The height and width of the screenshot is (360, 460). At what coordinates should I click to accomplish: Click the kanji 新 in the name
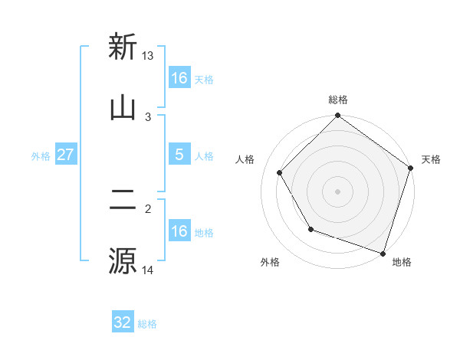click(123, 47)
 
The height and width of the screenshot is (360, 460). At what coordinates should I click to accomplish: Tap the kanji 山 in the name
click(123, 109)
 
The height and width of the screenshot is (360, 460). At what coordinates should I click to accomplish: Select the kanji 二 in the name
click(123, 200)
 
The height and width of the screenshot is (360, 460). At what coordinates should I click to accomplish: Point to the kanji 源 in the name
click(123, 260)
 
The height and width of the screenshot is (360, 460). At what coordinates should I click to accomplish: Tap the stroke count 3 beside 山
click(148, 116)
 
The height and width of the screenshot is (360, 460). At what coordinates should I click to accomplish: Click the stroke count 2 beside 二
click(148, 208)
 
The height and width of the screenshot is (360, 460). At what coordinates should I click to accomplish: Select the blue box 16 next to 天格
click(179, 78)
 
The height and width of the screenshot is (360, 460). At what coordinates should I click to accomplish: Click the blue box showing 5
click(179, 155)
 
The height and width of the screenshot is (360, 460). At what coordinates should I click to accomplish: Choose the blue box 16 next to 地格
click(179, 231)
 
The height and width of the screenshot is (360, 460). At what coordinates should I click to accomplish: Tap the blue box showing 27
click(65, 155)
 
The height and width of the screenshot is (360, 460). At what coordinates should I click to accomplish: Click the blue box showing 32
click(123, 322)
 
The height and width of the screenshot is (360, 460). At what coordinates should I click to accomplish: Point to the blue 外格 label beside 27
click(41, 155)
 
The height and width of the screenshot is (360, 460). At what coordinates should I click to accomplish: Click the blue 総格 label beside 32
click(147, 323)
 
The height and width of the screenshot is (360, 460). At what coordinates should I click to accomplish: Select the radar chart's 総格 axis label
click(338, 100)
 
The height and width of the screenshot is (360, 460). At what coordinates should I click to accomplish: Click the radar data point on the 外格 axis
click(310, 229)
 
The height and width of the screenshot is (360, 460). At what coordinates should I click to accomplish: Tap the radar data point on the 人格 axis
click(280, 172)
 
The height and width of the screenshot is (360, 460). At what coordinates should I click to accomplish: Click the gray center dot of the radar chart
click(338, 191)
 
